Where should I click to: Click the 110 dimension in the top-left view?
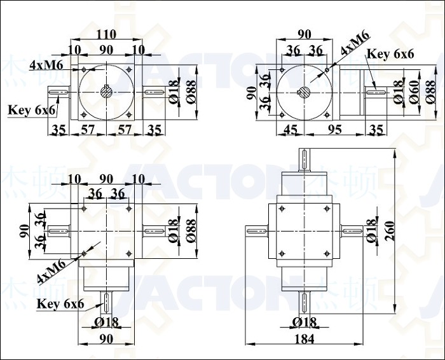pos(106,34)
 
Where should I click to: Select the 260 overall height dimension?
pos(391,231)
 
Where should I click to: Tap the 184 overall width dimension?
pos(305,339)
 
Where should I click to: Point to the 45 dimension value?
pos(291,130)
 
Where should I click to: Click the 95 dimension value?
pos(334,130)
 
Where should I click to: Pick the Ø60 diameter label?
pos(414,92)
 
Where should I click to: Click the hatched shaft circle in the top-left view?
pos(106,92)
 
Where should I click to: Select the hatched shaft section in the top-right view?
pos(304,93)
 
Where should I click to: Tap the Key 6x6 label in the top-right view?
pos(390,53)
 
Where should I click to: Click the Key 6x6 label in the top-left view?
pos(32,110)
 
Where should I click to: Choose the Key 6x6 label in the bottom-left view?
pos(60,304)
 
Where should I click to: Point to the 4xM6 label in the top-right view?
pos(355,43)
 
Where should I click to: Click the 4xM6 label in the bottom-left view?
pos(51,272)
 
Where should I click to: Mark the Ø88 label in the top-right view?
pos(430,92)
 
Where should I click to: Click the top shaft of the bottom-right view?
pos(305,160)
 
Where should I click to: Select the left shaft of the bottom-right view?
pos(256,232)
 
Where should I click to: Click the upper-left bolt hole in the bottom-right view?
pos(282,209)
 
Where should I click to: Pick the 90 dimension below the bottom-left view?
pos(106,339)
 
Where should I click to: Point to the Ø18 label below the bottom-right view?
pos(305,322)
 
